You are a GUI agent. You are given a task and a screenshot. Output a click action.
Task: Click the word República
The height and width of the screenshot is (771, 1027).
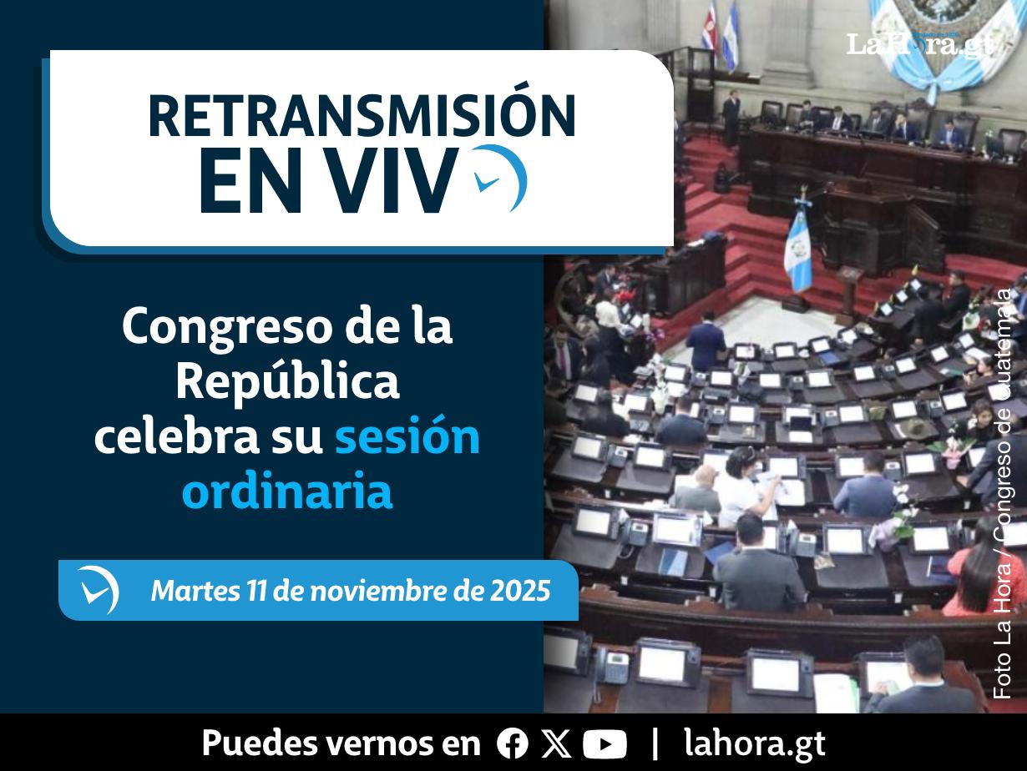[287, 382]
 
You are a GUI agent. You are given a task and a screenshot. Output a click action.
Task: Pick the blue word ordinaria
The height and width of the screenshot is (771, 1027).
[286, 491]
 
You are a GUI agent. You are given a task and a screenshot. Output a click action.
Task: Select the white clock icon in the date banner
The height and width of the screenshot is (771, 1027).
[99, 591]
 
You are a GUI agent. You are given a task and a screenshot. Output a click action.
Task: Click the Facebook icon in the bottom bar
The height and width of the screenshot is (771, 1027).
[512, 743]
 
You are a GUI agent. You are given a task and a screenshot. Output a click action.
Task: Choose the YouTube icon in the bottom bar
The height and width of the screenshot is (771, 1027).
[605, 743]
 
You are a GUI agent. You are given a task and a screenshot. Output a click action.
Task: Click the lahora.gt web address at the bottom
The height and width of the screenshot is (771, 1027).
[754, 743]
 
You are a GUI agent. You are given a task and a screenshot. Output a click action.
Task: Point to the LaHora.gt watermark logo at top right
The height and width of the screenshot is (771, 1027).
[918, 43]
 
